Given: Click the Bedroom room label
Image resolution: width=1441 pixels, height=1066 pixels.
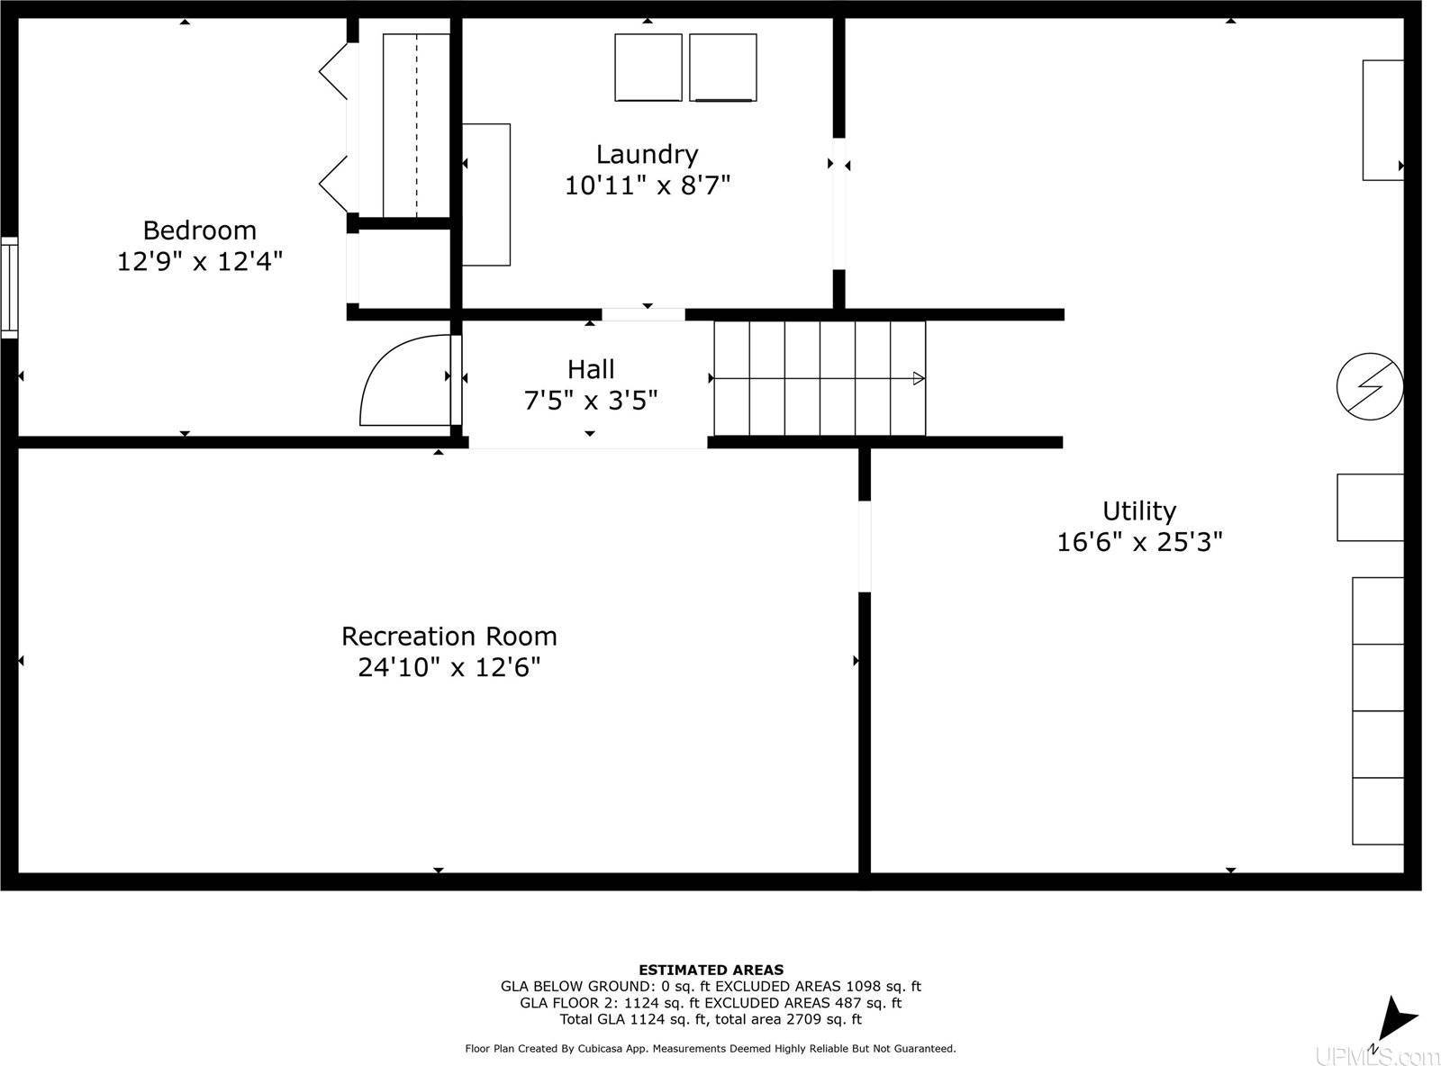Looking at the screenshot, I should [x=199, y=230].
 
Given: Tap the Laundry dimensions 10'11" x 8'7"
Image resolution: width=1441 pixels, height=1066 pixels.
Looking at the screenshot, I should [x=647, y=185].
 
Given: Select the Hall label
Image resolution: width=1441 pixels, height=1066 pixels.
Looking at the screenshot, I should [x=591, y=369].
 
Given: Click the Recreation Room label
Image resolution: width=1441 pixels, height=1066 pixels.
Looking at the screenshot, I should [x=449, y=637].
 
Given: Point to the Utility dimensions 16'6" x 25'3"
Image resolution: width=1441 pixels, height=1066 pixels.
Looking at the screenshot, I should [x=1139, y=542].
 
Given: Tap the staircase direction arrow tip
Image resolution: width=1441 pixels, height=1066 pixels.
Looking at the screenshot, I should [x=920, y=378].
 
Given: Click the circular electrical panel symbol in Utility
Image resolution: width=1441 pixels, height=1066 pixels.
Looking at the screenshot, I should [x=1369, y=386].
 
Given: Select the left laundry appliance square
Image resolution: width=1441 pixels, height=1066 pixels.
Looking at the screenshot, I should [x=648, y=68].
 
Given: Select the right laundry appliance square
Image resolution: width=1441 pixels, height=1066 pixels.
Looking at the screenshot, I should [x=722, y=68].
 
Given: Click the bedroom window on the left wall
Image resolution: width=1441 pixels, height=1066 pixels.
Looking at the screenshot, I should [x=8, y=287].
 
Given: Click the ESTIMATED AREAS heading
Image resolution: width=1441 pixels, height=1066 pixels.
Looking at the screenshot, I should [x=711, y=970].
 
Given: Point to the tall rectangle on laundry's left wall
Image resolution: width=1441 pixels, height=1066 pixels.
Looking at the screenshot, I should [x=486, y=194].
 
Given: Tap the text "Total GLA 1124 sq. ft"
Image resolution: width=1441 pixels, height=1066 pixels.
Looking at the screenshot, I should [x=634, y=1019].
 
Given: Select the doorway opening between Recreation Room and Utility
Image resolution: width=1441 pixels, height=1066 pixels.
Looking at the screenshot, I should [x=865, y=547].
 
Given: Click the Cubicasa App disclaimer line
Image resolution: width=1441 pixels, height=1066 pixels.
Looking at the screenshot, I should [x=710, y=1048].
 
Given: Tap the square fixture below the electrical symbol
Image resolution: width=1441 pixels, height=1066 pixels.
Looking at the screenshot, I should [x=1369, y=507].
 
